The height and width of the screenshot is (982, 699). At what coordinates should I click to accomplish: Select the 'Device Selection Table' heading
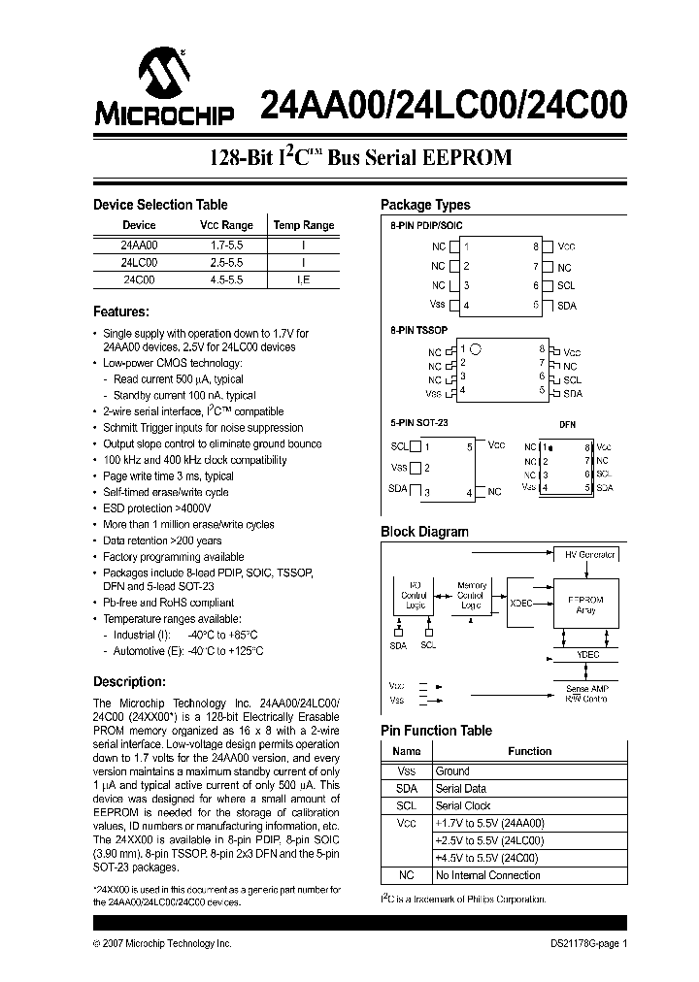click(x=160, y=205)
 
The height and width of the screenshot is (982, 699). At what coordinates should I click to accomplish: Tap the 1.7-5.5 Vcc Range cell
click(x=226, y=245)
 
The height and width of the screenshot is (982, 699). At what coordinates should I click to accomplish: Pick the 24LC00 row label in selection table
click(x=139, y=262)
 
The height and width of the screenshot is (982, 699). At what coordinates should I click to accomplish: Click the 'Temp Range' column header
click(x=303, y=225)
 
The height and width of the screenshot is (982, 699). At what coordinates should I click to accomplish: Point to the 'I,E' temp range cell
click(x=303, y=279)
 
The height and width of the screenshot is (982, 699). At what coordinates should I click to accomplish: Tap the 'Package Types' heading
click(x=425, y=205)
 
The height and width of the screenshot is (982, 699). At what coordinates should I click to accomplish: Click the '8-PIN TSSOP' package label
click(x=418, y=330)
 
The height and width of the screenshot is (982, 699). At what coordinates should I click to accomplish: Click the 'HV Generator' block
click(x=590, y=555)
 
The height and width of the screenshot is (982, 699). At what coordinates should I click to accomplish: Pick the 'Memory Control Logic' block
click(x=472, y=596)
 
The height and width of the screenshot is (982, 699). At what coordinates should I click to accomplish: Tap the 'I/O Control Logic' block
click(x=415, y=596)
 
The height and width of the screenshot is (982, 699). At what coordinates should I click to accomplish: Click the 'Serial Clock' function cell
click(x=463, y=806)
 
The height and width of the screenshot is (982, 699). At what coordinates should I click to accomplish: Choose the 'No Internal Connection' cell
click(x=487, y=875)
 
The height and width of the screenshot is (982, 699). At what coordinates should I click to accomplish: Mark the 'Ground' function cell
click(x=452, y=771)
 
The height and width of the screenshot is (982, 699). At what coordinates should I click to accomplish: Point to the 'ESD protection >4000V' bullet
click(x=156, y=507)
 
